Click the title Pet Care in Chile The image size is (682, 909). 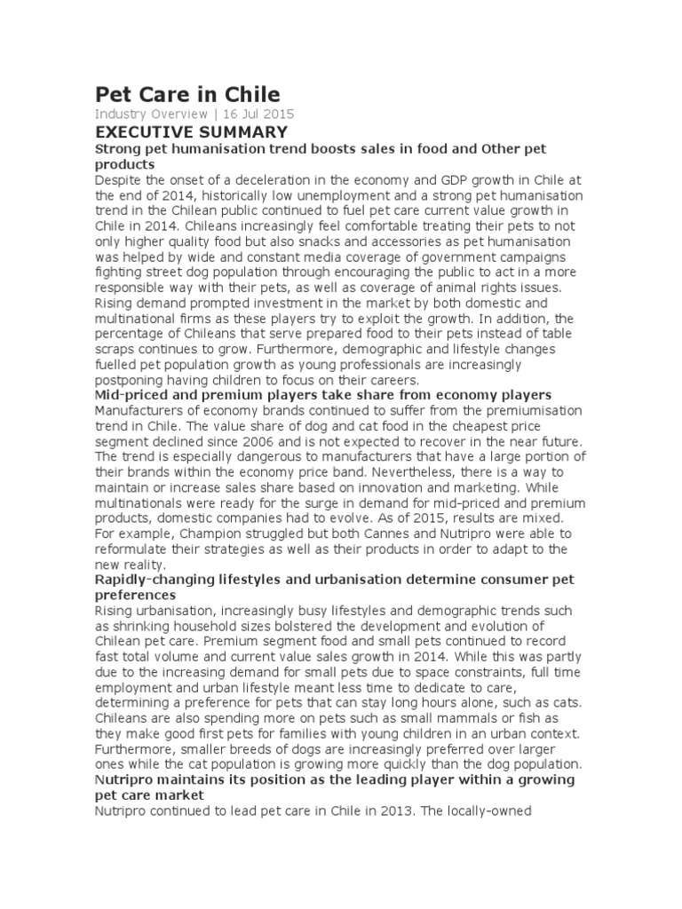pos(186,94)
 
